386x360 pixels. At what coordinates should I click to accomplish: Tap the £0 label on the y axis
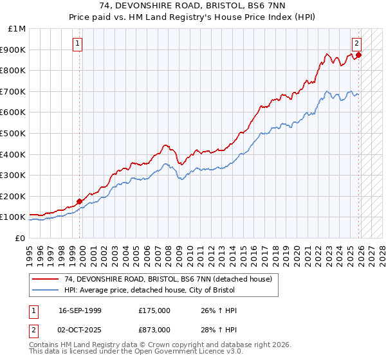(20, 238)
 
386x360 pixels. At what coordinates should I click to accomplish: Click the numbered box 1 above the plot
(78, 44)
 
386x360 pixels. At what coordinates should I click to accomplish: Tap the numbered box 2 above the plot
(356, 44)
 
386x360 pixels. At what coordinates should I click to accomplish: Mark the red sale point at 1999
(80, 201)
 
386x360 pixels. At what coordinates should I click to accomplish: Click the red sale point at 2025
(359, 55)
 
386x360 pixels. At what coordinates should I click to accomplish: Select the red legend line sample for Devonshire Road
(46, 279)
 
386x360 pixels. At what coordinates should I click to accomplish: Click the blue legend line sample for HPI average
(46, 290)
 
